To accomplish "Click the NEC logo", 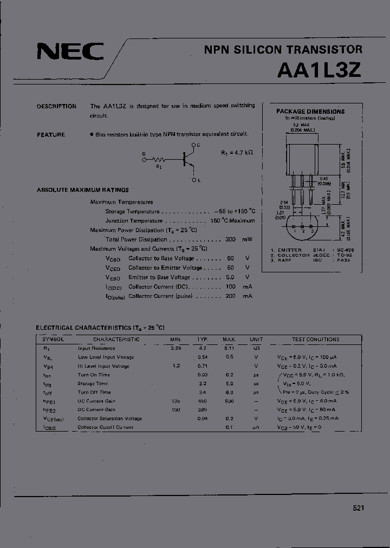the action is [70, 53].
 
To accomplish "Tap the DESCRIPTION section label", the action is [56, 106].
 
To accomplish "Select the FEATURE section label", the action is [51, 134].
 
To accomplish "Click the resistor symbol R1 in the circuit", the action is [159, 160].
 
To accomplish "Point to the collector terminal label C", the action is [198, 145].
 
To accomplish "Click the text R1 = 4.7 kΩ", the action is [237, 153].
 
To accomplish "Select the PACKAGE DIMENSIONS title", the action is [310, 111].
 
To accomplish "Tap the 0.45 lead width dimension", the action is [324, 178].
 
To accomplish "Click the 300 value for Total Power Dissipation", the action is [230, 239].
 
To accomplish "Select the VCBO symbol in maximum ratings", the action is [113, 258].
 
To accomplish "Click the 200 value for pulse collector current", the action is [230, 296].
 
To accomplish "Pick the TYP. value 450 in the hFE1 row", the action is [203, 401].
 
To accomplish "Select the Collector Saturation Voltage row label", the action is [109, 419].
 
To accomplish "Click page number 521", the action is [358, 508].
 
